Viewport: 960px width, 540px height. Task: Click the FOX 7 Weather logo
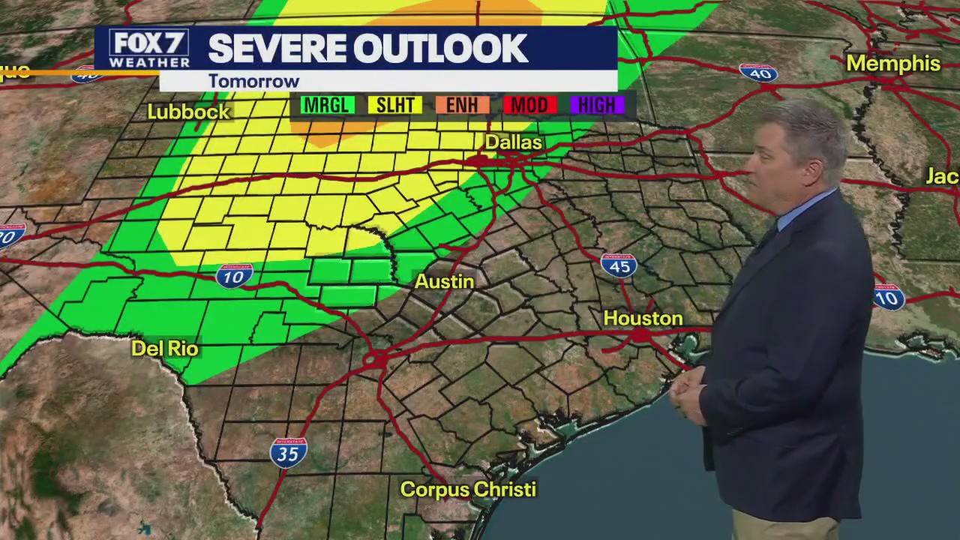148,49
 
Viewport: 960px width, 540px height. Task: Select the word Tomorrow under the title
253,81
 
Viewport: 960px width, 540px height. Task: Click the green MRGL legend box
327,105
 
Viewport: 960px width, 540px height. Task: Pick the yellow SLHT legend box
394,105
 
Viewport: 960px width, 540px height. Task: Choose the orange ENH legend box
462,105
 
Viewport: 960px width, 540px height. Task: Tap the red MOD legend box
529,105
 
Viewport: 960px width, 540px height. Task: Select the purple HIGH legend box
597,105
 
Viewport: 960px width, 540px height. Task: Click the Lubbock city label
188,112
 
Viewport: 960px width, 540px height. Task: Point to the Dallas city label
513,142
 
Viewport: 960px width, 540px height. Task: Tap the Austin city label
444,282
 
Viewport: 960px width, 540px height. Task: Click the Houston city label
643,319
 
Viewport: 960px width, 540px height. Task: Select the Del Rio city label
164,349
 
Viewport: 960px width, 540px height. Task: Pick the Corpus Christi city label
468,490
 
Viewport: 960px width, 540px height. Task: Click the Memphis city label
892,64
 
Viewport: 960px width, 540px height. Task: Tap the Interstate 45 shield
619,265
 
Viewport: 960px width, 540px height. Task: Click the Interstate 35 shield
289,453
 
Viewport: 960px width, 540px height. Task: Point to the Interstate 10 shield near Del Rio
234,277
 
